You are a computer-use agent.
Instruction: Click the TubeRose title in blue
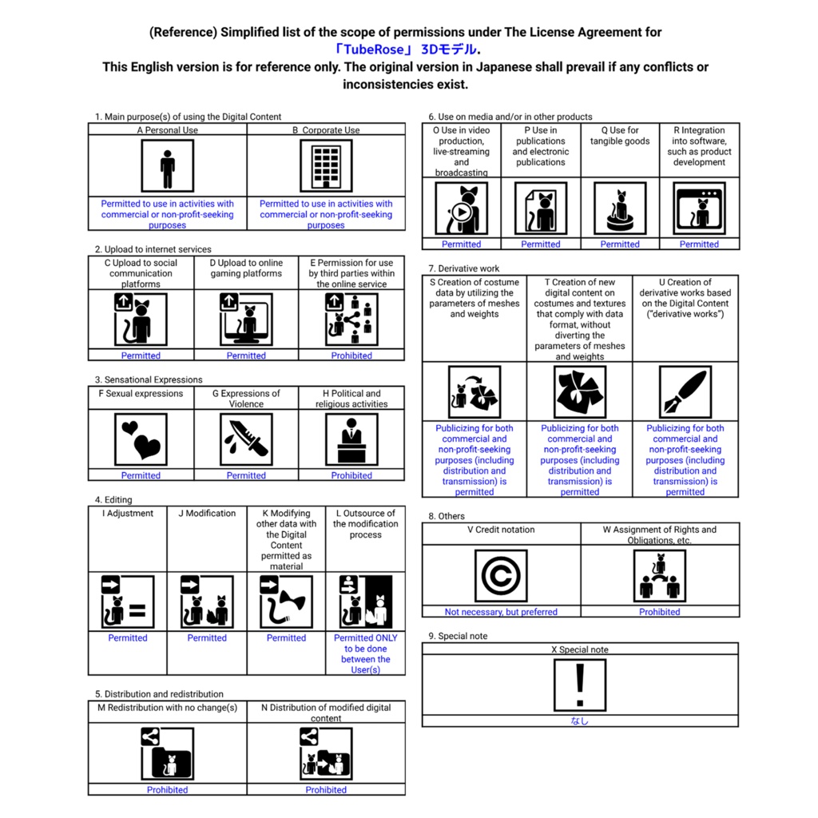click(x=407, y=50)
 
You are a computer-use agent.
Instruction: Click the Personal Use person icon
click(x=168, y=166)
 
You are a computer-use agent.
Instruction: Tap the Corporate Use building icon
click(x=326, y=166)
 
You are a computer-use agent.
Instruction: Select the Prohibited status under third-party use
click(x=351, y=355)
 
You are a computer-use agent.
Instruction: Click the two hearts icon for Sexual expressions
click(x=141, y=439)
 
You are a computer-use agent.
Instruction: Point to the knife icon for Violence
click(x=246, y=439)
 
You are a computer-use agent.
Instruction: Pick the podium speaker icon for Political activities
click(x=351, y=439)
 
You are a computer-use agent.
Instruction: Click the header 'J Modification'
click(x=207, y=514)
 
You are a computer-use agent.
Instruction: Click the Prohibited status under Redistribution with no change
click(x=168, y=790)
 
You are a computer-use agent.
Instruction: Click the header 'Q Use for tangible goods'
click(x=620, y=136)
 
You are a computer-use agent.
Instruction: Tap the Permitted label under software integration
click(x=699, y=244)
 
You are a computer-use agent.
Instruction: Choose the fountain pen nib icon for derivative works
click(x=685, y=391)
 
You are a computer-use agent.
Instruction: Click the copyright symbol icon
click(x=501, y=576)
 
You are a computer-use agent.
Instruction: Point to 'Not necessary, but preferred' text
click(x=501, y=612)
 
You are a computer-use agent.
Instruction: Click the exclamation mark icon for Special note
click(x=580, y=685)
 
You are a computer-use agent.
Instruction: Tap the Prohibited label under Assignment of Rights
click(x=659, y=612)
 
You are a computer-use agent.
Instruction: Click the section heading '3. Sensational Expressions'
click(x=149, y=379)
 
